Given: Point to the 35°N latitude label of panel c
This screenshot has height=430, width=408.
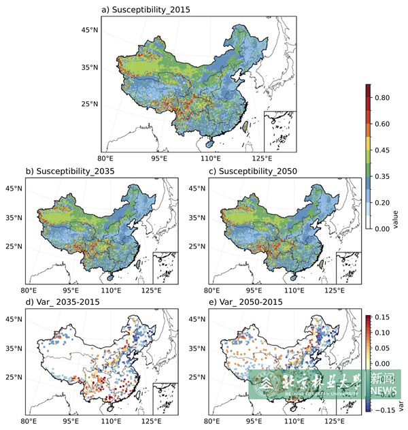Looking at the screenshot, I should [198, 217].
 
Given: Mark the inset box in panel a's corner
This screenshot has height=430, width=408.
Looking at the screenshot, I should [279, 131].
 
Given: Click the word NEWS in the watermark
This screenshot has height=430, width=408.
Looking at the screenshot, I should [384, 391].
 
